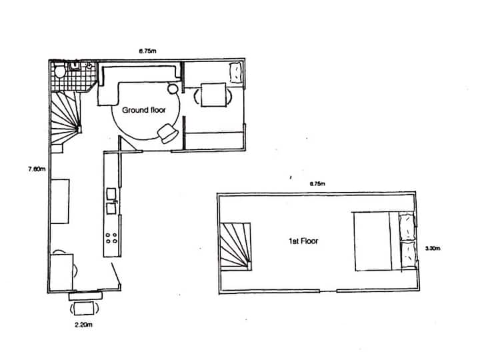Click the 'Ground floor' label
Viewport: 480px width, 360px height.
pos(143,110)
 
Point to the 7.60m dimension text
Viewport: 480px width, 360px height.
pos(36,169)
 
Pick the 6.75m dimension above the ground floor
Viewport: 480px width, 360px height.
pos(147,50)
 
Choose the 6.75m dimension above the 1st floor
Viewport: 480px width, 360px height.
pos(316,183)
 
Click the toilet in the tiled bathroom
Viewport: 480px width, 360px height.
pos(59,70)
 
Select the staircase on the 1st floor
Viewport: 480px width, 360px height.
pos(235,246)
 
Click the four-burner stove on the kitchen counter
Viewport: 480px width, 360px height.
pos(111,237)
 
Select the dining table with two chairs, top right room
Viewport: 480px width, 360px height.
pos(213,95)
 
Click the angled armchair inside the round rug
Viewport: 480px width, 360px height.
pos(168,134)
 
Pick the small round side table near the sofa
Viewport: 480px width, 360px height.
pos(172,88)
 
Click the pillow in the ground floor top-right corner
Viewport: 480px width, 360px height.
pos(235,71)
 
